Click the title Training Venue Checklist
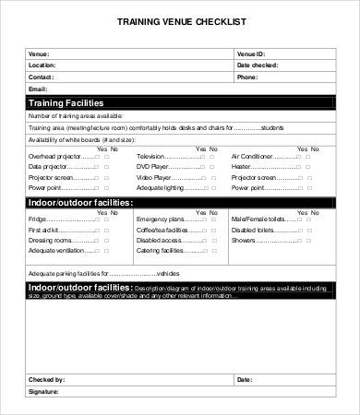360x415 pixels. click(x=180, y=21)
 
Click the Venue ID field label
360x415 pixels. click(x=250, y=54)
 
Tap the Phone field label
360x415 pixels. click(x=246, y=77)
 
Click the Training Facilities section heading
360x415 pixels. click(x=66, y=102)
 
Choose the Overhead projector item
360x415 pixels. click(x=54, y=158)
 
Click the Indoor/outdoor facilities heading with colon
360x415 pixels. click(x=81, y=202)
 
